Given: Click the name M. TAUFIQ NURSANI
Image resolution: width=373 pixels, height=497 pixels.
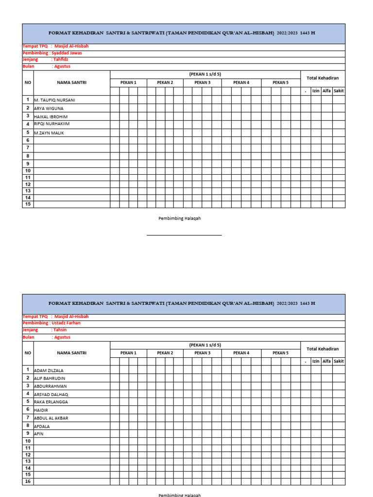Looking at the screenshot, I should (54, 100).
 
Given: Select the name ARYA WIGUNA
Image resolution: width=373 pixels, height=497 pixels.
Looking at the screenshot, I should (49, 109).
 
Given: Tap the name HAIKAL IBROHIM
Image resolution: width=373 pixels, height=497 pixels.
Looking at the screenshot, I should (51, 117).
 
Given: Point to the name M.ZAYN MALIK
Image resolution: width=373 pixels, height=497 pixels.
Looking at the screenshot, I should (49, 133).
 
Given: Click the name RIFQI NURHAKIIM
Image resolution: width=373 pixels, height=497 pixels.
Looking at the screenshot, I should (52, 124).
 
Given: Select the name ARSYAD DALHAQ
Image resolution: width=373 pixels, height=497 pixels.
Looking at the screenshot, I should (51, 395).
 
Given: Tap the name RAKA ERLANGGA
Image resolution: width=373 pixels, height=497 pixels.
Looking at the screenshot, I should (51, 402).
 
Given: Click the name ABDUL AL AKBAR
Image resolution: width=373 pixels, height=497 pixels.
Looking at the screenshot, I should (51, 418).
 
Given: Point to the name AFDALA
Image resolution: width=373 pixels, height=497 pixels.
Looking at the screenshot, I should (42, 427).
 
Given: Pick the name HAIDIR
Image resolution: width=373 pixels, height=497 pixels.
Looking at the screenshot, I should (41, 410).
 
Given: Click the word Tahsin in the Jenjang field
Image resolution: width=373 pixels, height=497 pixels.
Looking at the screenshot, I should (60, 330).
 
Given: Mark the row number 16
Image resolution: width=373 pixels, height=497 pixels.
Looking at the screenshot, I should (28, 481).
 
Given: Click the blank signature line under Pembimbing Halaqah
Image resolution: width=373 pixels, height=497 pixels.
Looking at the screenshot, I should (184, 235).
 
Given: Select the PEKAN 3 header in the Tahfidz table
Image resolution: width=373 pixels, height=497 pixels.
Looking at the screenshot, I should (202, 83).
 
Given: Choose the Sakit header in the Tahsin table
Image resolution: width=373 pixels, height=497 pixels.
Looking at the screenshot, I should (339, 361).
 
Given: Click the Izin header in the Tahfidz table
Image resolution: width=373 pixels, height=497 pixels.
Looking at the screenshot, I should (316, 91).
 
